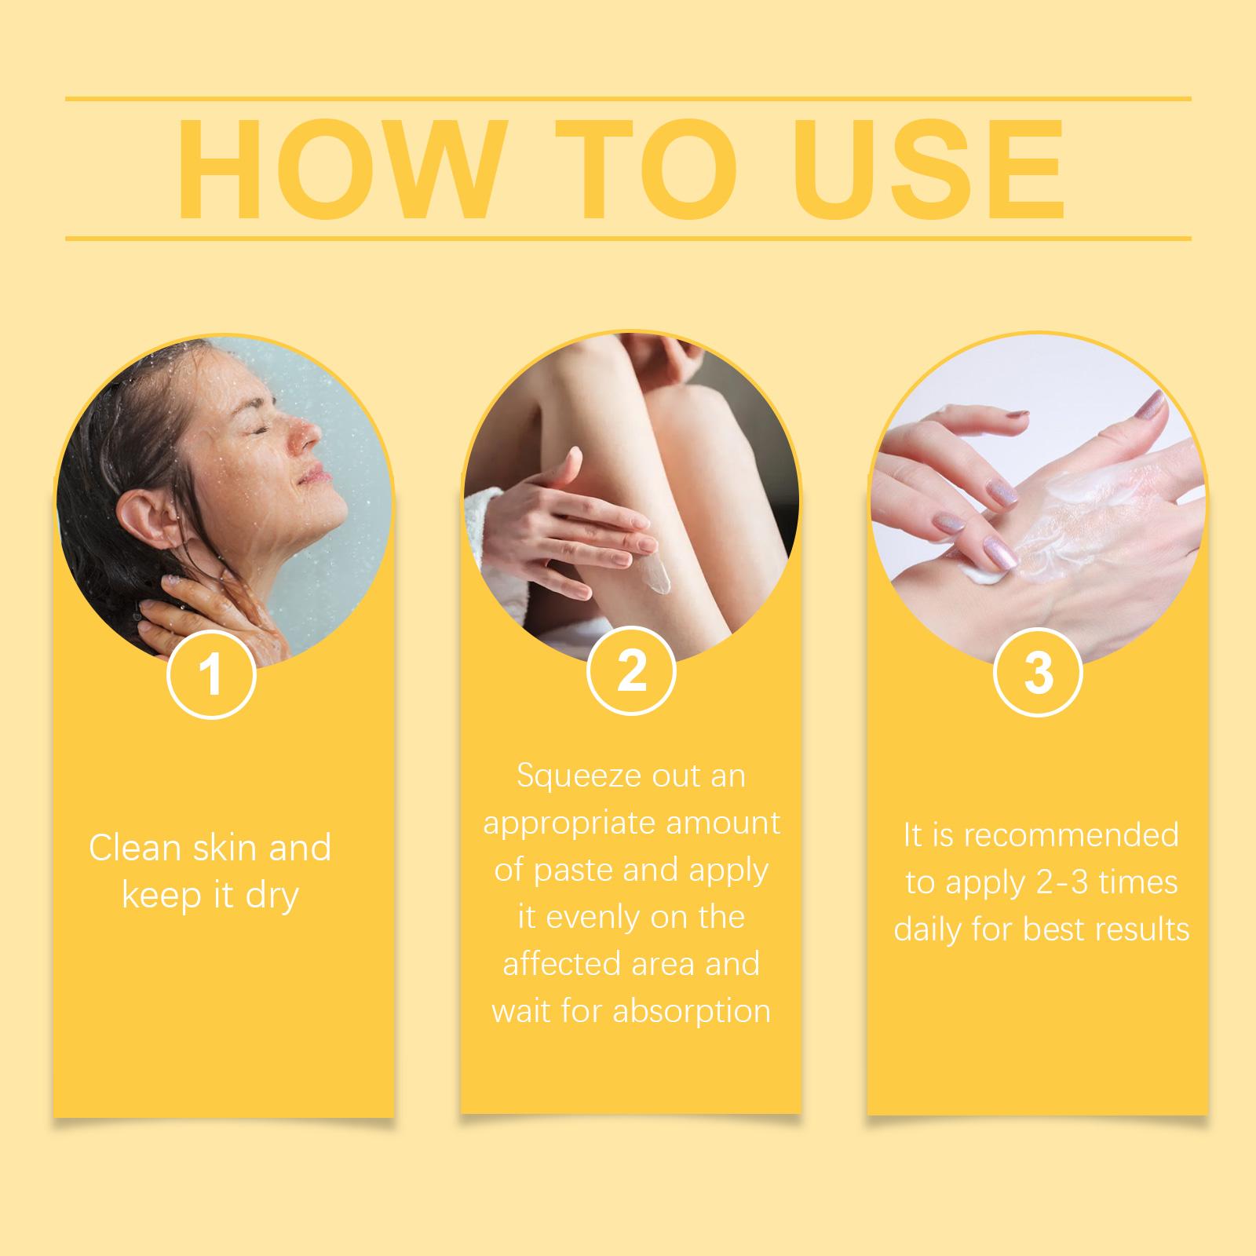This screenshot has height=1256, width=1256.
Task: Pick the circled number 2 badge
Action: coord(631,670)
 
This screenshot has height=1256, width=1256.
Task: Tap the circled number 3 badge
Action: coord(1038,672)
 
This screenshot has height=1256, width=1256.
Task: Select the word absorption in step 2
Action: coord(692,1012)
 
